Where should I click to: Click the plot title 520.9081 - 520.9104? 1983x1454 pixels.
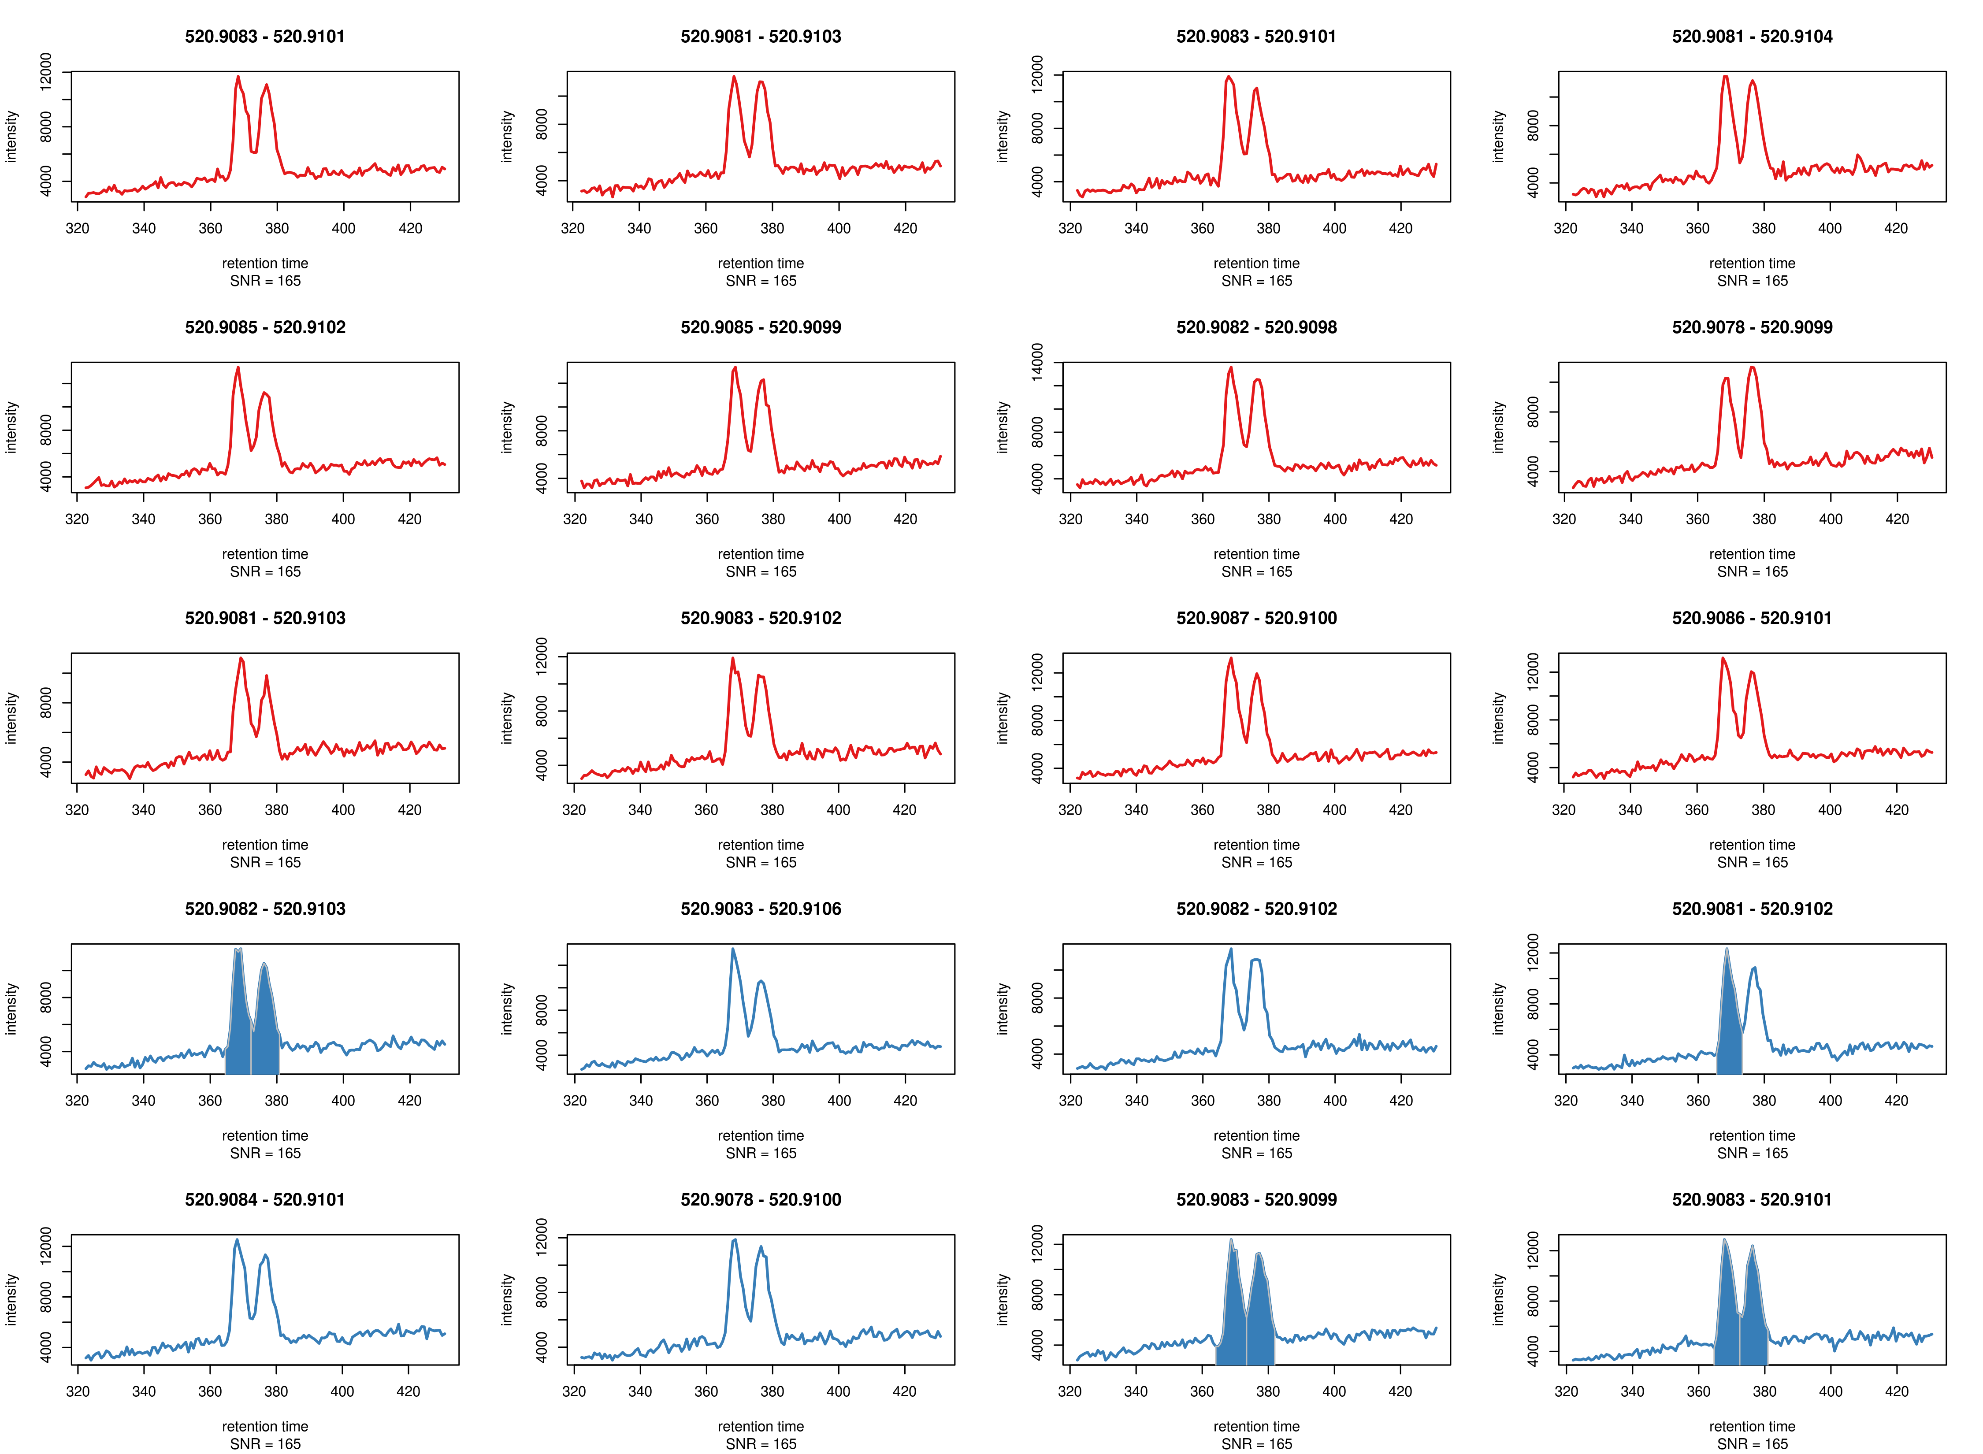point(1752,36)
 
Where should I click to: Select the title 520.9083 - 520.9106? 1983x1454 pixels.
point(761,909)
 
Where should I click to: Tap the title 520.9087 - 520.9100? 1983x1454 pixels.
point(1256,618)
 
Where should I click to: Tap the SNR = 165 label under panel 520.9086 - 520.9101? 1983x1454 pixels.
point(1752,863)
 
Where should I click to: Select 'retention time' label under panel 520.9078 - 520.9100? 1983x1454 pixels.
point(761,1426)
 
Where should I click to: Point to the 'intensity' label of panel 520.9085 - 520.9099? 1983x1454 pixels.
point(507,428)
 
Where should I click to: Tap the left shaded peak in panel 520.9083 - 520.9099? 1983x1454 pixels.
point(1234,1302)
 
